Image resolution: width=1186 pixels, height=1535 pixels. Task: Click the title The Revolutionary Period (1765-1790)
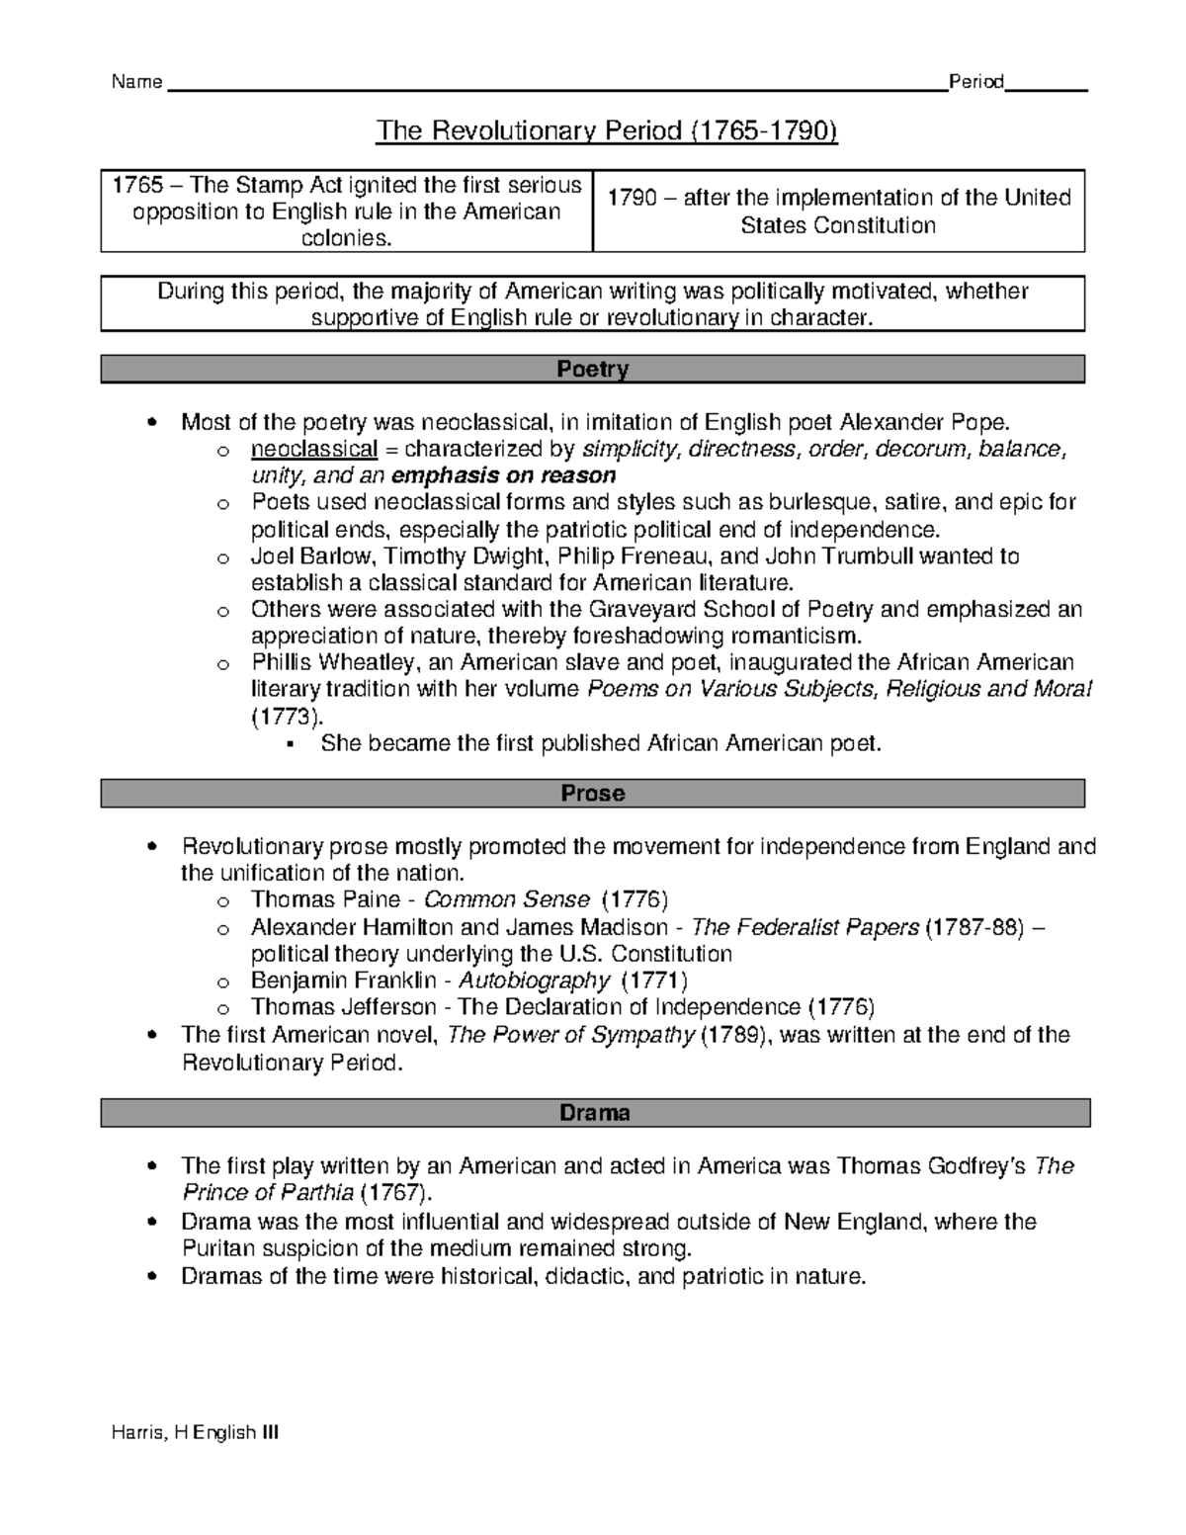click(x=606, y=131)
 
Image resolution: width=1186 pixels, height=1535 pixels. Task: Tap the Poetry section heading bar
click(x=592, y=370)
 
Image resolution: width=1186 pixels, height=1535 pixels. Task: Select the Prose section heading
click(x=592, y=793)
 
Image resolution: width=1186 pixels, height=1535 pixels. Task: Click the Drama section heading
click(x=594, y=1113)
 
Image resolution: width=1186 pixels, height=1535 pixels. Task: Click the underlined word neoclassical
click(x=314, y=450)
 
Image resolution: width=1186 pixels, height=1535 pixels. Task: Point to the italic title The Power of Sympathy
click(x=570, y=1035)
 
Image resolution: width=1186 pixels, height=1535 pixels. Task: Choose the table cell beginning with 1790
click(x=838, y=212)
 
